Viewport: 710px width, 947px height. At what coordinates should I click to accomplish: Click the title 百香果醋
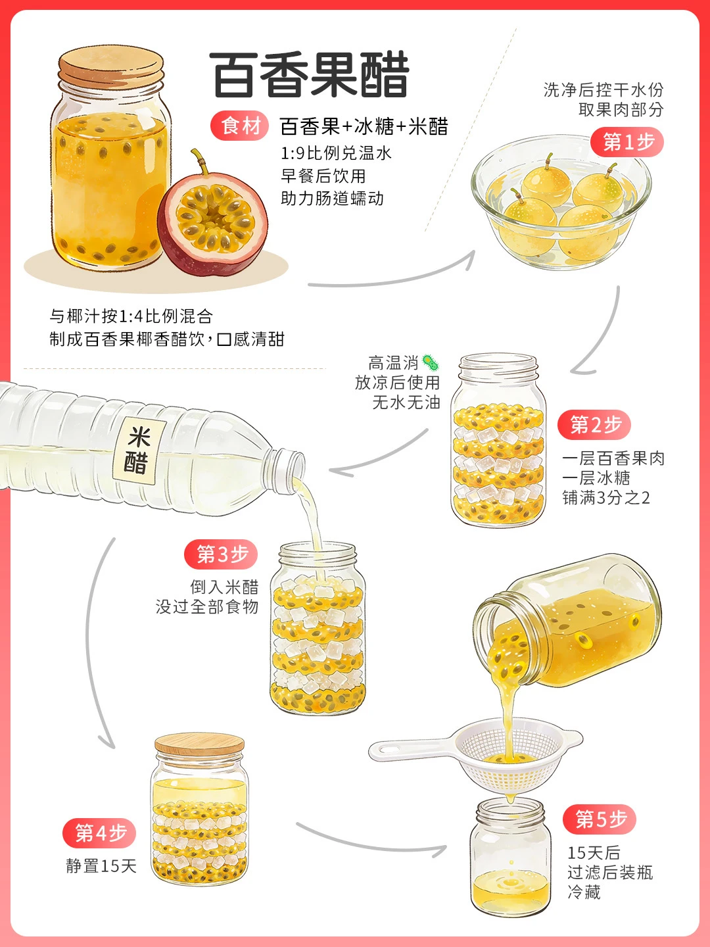pyautogui.click(x=309, y=75)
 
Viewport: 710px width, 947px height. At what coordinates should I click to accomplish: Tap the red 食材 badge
pyautogui.click(x=240, y=126)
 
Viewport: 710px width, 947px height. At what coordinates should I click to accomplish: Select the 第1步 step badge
pyautogui.click(x=627, y=142)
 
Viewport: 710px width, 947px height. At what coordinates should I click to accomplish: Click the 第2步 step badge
pyautogui.click(x=594, y=425)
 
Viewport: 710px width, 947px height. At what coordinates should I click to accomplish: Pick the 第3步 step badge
pyautogui.click(x=221, y=554)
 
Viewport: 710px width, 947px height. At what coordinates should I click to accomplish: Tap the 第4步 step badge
pyautogui.click(x=99, y=833)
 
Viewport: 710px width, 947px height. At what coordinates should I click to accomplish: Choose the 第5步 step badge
pyautogui.click(x=599, y=819)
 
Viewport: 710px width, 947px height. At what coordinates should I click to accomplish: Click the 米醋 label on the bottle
pyautogui.click(x=139, y=450)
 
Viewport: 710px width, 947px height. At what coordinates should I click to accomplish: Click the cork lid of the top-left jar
pyautogui.click(x=111, y=69)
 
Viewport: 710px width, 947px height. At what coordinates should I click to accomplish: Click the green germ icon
pyautogui.click(x=430, y=363)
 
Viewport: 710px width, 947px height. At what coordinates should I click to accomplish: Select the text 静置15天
pyautogui.click(x=101, y=865)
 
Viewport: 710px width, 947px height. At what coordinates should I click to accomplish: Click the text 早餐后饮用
pyautogui.click(x=323, y=176)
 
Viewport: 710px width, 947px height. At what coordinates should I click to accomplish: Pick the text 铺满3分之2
pyautogui.click(x=606, y=498)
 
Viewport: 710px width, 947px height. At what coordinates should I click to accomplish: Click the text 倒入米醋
pyautogui.click(x=224, y=587)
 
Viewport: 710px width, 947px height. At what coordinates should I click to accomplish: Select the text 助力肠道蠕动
pyautogui.click(x=332, y=199)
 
